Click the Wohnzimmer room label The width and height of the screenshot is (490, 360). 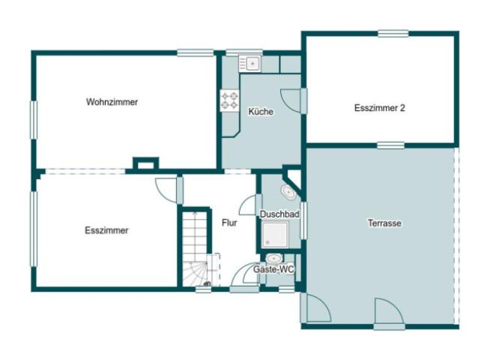tap(112, 102)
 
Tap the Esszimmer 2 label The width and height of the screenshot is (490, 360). tap(379, 108)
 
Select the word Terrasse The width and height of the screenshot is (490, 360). tap(383, 223)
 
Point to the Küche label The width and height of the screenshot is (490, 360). tap(261, 112)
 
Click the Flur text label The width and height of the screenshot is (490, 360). tap(229, 222)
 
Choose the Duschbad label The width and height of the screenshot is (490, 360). tap(279, 214)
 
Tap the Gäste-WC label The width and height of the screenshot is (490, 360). tap(273, 268)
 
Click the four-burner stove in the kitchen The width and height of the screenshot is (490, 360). tap(229, 100)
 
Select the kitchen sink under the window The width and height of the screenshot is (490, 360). tap(249, 64)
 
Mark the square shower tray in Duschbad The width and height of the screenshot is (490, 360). tap(279, 235)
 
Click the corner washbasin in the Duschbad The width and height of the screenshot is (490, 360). tap(288, 192)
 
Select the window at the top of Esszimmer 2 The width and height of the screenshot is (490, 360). tap(393, 33)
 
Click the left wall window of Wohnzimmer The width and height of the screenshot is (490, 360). tap(33, 120)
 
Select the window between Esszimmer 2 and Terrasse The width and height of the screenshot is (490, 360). tap(390, 145)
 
